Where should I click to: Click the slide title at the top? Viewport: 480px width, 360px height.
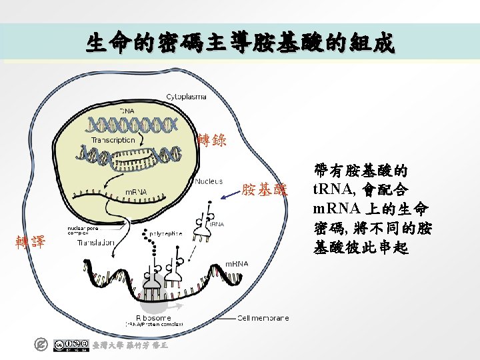pyautogui.click(x=240, y=44)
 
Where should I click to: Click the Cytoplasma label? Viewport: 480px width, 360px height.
pyautogui.click(x=186, y=97)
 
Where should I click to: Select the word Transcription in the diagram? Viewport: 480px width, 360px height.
pyautogui.click(x=113, y=140)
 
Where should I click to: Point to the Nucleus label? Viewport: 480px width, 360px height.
pyautogui.click(x=209, y=181)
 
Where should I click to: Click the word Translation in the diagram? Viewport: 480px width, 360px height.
pyautogui.click(x=95, y=243)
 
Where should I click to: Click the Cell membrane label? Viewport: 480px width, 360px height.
pyautogui.click(x=263, y=318)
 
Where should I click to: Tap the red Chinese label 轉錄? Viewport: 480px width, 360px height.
pyautogui.click(x=213, y=140)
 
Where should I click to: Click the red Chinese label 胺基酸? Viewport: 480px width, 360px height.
pyautogui.click(x=265, y=190)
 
